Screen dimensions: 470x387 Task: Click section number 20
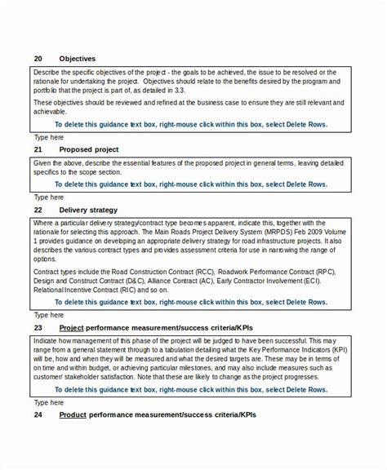tap(38, 59)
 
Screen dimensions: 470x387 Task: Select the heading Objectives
tap(78, 59)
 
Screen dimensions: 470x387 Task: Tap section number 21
tap(38, 150)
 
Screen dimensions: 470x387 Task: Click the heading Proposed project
tap(89, 150)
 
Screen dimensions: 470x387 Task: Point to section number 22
tap(38, 210)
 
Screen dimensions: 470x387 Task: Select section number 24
tap(38, 415)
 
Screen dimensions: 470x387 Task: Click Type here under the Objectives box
tap(48, 137)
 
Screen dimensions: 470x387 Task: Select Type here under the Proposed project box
tap(48, 197)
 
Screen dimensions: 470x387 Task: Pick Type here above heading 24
tap(48, 402)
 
